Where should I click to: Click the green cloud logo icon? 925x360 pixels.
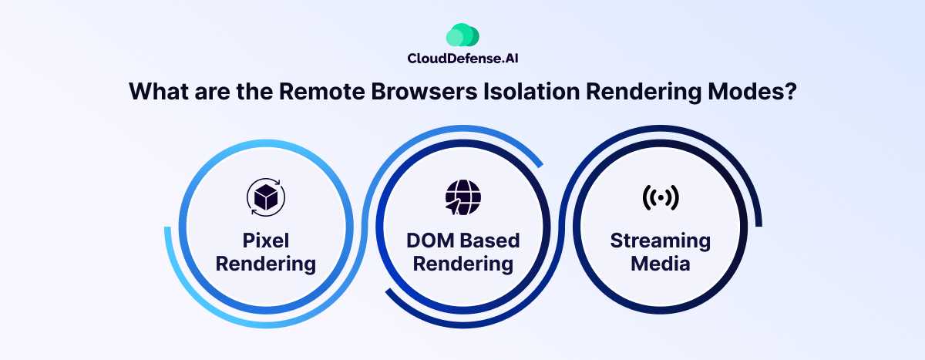pos(462,35)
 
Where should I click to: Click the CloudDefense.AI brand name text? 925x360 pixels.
pos(462,59)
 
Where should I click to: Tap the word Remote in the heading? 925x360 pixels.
pos(321,91)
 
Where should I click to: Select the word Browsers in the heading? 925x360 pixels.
pos(424,91)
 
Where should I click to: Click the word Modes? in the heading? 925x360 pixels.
pos(752,91)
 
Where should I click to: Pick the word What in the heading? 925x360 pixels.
pos(159,91)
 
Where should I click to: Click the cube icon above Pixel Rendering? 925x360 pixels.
pos(266,197)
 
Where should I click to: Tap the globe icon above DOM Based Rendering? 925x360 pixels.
pos(463,197)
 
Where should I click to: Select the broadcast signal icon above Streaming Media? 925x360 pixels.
pos(661,197)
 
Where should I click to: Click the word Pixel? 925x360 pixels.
pos(265,241)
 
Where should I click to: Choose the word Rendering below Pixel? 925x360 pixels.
pos(265,264)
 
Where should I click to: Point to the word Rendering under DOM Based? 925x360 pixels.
pos(463,264)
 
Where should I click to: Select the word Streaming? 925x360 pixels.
pos(661,241)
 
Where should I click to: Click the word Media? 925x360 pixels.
pos(661,264)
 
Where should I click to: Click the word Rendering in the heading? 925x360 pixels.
pos(644,92)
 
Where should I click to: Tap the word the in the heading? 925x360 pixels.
pos(255,91)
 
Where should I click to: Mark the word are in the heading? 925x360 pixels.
pos(212,93)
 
